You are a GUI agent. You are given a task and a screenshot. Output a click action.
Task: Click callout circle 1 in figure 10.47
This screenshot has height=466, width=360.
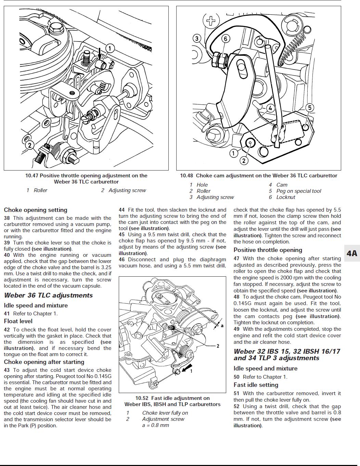110,48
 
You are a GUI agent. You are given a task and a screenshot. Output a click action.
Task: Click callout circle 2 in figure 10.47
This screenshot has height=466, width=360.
30,145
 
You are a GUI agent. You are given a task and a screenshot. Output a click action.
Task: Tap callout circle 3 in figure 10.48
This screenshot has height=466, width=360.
197,38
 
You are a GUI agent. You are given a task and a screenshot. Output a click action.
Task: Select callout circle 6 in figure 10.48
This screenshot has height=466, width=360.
225,38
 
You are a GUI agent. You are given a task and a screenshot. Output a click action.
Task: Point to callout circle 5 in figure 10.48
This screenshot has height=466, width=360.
309,108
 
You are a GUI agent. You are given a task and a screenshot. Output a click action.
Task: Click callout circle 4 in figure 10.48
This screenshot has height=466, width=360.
270,109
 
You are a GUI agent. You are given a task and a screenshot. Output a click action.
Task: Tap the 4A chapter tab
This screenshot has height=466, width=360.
352,253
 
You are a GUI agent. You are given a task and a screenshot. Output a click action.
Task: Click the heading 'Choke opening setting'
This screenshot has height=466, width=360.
36,210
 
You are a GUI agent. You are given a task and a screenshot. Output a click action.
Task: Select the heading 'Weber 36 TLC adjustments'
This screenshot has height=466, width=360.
48,295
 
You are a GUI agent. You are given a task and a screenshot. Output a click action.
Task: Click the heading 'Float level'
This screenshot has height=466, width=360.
18,321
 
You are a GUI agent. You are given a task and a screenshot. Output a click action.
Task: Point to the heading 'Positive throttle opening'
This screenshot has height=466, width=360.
268,250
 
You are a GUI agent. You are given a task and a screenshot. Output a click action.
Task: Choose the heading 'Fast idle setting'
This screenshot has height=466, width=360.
256,385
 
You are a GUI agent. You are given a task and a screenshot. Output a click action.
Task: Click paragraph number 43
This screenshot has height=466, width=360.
7,370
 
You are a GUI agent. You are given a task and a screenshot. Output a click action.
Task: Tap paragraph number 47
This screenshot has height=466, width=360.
236,259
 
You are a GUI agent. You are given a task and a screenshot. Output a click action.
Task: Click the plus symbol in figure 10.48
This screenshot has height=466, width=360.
211,21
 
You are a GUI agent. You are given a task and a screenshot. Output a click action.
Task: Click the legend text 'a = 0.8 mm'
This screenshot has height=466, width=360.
155,425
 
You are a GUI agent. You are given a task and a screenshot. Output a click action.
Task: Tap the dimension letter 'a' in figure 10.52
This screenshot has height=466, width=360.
222,326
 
